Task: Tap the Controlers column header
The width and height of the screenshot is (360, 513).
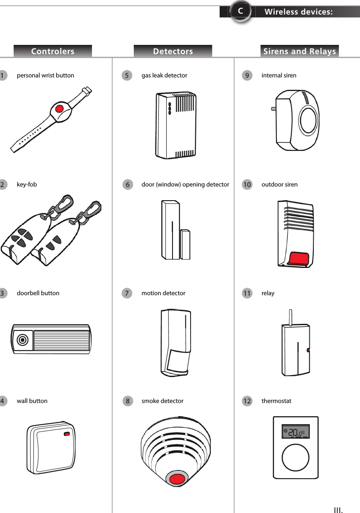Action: click(53, 51)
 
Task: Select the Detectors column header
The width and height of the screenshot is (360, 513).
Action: click(173, 51)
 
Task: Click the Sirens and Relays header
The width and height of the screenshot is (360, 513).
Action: click(300, 51)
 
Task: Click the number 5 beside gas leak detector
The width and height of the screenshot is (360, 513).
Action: click(127, 76)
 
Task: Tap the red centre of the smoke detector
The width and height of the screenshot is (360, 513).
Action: click(177, 479)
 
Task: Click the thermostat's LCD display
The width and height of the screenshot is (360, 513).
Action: click(296, 432)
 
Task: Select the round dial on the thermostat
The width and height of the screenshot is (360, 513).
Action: click(296, 458)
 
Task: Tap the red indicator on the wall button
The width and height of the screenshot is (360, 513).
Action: click(67, 434)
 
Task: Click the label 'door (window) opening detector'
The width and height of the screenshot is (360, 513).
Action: click(185, 184)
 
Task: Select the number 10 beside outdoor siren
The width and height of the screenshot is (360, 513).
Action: click(247, 185)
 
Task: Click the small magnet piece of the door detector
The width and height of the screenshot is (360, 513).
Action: click(185, 244)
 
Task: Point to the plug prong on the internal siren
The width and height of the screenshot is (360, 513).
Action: click(273, 108)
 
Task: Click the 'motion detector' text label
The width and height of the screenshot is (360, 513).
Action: click(163, 293)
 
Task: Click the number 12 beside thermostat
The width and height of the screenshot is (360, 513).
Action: click(247, 401)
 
